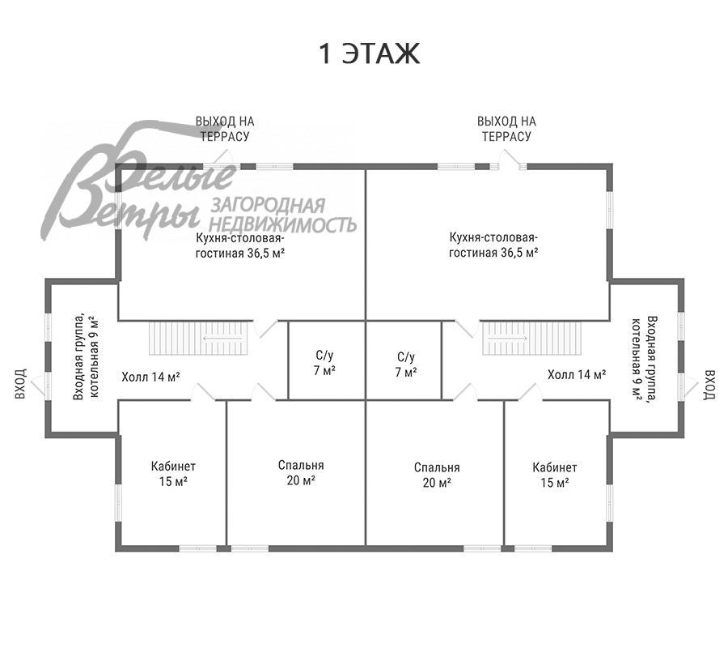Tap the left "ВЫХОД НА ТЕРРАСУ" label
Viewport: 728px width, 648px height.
(225, 129)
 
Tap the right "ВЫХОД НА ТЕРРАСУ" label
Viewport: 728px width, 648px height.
(506, 129)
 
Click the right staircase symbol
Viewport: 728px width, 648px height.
(531, 339)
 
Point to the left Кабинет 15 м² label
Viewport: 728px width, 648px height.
(173, 474)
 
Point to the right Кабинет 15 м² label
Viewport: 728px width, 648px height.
(555, 474)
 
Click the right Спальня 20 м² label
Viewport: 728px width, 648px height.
(437, 475)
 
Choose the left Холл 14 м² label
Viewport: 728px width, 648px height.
(150, 377)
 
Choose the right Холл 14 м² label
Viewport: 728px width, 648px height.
(577, 374)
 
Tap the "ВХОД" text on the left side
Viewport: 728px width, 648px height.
(21, 385)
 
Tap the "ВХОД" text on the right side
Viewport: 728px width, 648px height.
(709, 385)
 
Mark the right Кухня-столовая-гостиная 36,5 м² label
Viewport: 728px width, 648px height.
(494, 245)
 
